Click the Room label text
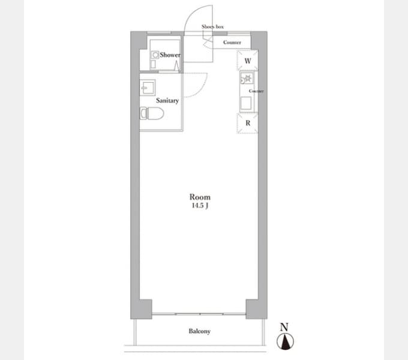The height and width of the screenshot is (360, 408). [200, 197]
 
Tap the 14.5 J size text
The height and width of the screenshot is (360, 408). [200, 205]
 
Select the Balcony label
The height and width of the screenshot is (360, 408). [200, 331]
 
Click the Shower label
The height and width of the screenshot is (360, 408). [170, 55]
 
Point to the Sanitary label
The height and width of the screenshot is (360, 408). [167, 101]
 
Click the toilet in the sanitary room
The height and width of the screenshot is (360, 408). [152, 113]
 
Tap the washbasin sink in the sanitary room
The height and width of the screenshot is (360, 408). [148, 88]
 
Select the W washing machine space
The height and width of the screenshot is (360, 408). [247, 61]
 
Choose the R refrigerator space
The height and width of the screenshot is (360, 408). [247, 123]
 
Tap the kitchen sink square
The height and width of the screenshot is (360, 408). [246, 103]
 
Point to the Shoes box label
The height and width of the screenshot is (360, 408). [212, 26]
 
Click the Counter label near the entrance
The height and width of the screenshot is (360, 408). [232, 42]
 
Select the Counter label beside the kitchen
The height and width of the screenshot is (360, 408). [256, 91]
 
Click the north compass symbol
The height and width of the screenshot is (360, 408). [286, 341]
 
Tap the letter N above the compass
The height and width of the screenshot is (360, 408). [284, 327]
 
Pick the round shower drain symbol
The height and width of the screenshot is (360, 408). [155, 55]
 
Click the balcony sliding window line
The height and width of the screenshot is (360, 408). [199, 314]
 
